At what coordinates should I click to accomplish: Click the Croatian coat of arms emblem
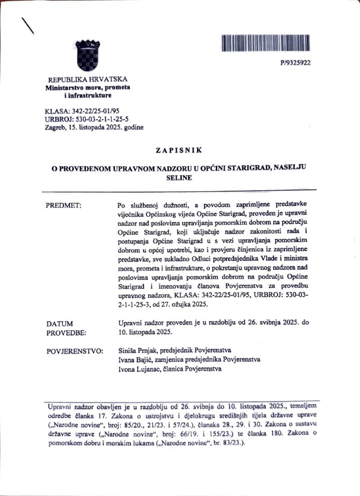88,56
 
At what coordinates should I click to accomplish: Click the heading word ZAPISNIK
179,150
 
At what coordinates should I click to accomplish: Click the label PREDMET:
63,205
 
